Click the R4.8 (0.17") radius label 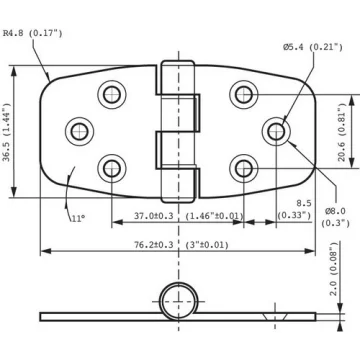(33, 33)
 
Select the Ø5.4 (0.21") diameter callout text (313, 47)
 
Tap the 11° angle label (78, 218)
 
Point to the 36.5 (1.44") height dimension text (7, 132)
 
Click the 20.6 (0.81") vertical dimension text (341, 132)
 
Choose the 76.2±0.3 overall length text (154, 245)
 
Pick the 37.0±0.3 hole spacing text (154, 216)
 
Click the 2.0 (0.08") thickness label (334, 269)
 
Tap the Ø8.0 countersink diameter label (336, 217)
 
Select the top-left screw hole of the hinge (112, 95)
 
